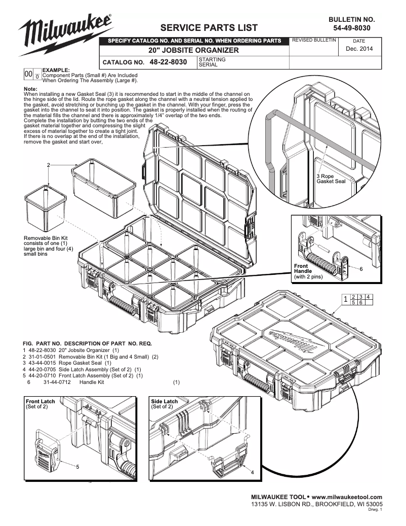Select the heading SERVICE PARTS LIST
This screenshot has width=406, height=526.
209,27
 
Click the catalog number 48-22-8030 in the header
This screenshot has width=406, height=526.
169,62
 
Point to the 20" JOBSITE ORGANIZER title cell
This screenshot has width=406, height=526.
193,51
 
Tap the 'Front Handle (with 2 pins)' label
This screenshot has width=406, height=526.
308,271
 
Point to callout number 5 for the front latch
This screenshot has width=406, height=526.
77,466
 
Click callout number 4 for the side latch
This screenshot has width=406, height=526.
252,473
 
